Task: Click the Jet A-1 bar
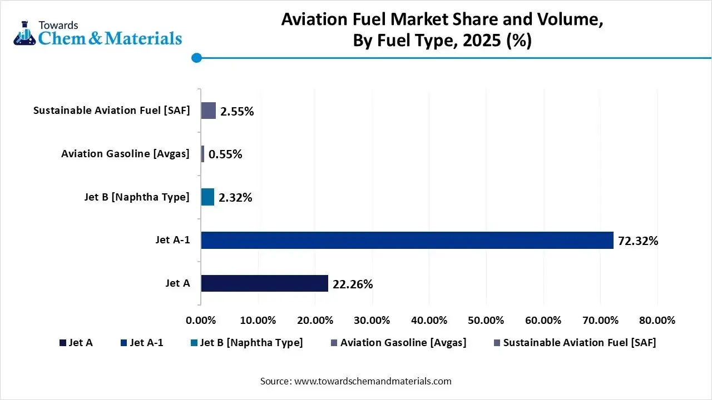coord(407,240)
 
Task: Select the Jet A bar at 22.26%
coord(264,283)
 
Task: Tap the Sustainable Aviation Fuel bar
coord(208,111)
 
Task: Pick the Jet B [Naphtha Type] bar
coord(207,197)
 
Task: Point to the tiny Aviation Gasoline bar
coord(202,154)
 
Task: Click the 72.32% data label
coord(638,241)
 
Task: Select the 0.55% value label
coord(225,154)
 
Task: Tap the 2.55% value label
coord(237,111)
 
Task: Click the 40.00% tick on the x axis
coord(429,321)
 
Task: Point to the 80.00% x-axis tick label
coord(657,321)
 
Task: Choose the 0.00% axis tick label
coord(201,321)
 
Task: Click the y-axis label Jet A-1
coord(172,240)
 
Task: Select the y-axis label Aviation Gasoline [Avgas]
coord(126,154)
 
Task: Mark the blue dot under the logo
coord(196,58)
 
